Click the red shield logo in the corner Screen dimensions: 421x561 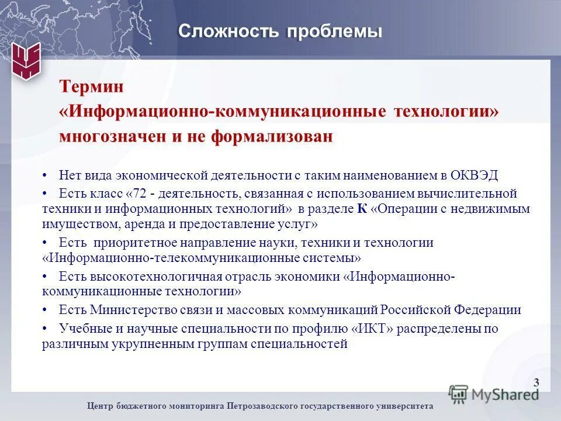pyautogui.click(x=27, y=60)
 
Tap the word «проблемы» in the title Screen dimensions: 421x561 pyautogui.click(x=334, y=31)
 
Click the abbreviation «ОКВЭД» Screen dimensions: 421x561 pyautogui.click(x=480, y=175)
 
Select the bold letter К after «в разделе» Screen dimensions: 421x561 pyautogui.click(x=362, y=209)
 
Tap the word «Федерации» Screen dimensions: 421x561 pyautogui.click(x=489, y=310)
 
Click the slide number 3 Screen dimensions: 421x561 pyautogui.click(x=536, y=383)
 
